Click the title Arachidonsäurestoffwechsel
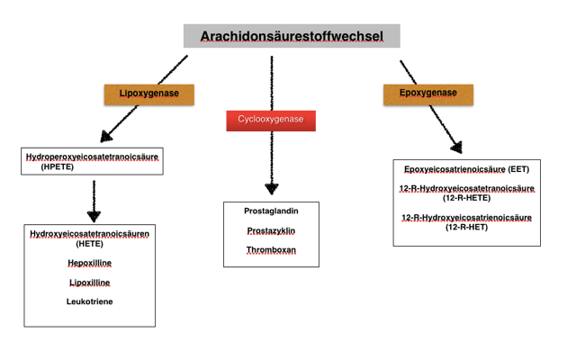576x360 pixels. pyautogui.click(x=292, y=36)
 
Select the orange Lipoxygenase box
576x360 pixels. pyautogui.click(x=149, y=94)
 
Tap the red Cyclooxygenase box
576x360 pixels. pyautogui.click(x=271, y=121)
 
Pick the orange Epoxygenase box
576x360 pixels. pyautogui.click(x=428, y=94)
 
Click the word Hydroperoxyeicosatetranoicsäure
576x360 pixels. pyautogui.click(x=92, y=157)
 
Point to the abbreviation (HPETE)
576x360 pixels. pyautogui.click(x=58, y=166)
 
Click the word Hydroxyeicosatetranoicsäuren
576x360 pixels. pyautogui.click(x=90, y=234)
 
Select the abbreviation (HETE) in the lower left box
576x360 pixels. pyautogui.click(x=90, y=244)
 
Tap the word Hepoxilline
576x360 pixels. pyautogui.click(x=90, y=263)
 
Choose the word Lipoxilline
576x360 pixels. pyautogui.click(x=90, y=283)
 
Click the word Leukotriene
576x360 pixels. pyautogui.click(x=90, y=301)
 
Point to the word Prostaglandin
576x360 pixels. pyautogui.click(x=271, y=211)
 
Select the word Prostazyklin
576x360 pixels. pyautogui.click(x=271, y=230)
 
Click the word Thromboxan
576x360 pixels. pyautogui.click(x=271, y=250)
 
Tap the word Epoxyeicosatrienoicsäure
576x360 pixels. pyautogui.click(x=454, y=169)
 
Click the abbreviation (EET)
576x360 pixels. pyautogui.click(x=518, y=169)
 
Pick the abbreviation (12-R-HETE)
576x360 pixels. pyautogui.click(x=466, y=198)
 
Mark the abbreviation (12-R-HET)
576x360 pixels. pyautogui.click(x=466, y=227)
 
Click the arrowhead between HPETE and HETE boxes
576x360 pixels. pyautogui.click(x=94, y=216)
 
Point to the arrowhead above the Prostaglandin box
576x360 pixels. pyautogui.click(x=272, y=189)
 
